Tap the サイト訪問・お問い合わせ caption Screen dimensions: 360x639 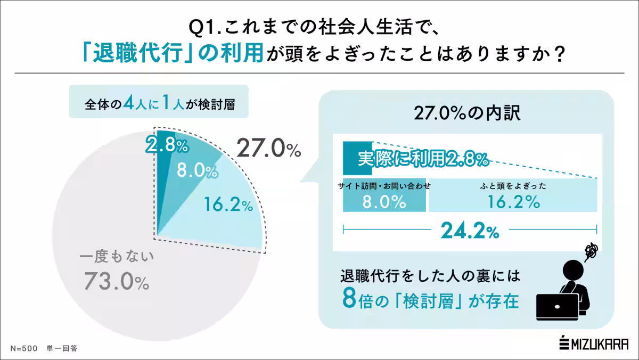[x=384, y=186]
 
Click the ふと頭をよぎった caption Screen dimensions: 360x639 [x=513, y=186]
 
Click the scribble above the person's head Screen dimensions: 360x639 [x=590, y=250]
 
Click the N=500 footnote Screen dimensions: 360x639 [x=23, y=349]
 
